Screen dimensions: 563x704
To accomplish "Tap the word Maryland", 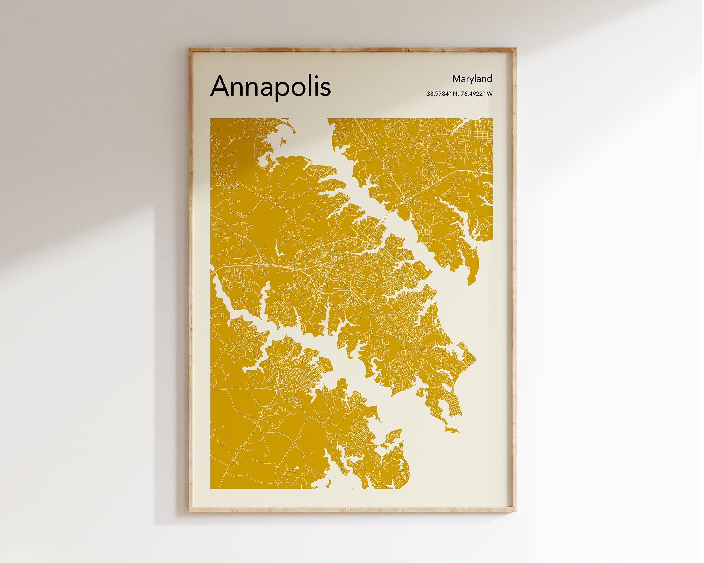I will point(472,79).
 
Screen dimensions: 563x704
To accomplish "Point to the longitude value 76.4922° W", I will point(476,94).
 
